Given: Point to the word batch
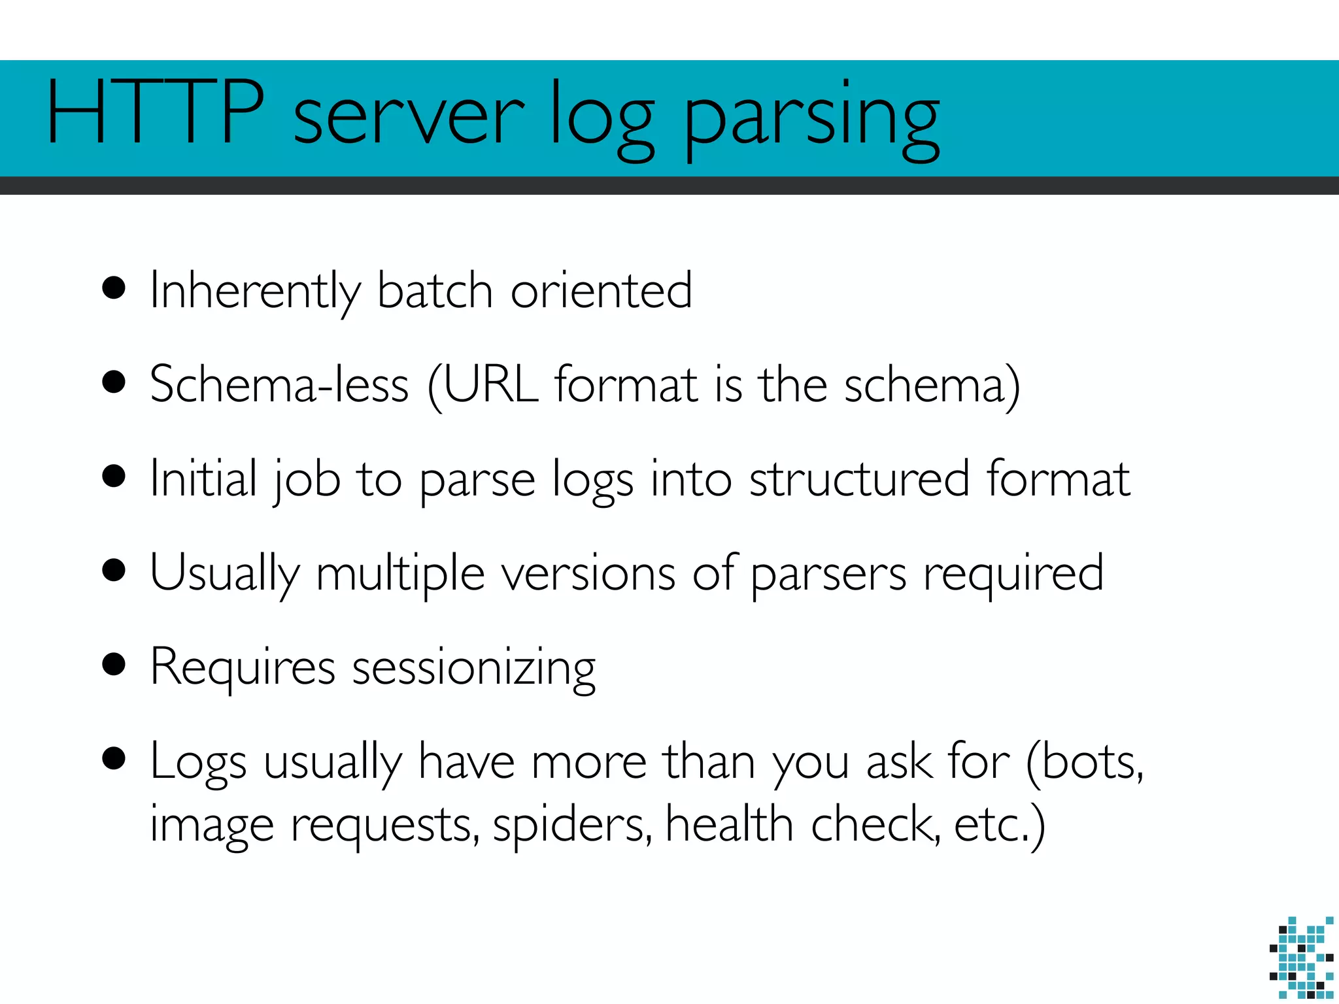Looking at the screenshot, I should pos(435,290).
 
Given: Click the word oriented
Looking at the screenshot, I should pos(601,290).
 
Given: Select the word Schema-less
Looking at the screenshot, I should pos(279,384).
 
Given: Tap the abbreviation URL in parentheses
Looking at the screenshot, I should pos(490,384).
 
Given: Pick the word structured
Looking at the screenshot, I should pos(859,478).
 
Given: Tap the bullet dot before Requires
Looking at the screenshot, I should pos(114,664).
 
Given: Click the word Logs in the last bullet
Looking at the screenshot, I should pos(198,762).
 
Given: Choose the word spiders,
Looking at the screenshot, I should pos(572,825).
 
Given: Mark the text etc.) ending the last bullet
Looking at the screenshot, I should pos(1000,825).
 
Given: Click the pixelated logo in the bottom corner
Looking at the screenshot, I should pos(1301,957).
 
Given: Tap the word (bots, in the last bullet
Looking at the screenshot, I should pos(1085,762).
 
